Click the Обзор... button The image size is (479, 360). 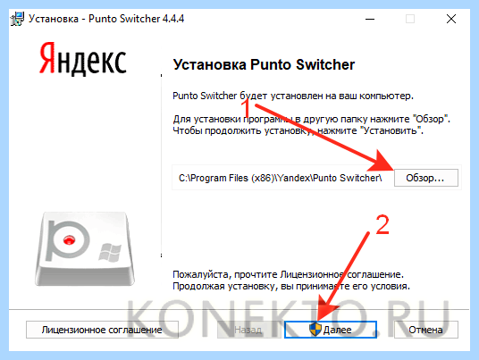tap(426, 178)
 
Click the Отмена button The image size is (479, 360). tap(426, 330)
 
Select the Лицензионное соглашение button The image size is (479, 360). tap(102, 330)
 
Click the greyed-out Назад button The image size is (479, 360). tap(248, 330)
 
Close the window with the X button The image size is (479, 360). tap(451, 19)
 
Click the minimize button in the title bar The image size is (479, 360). tap(370, 19)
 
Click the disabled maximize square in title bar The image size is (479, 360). tap(410, 19)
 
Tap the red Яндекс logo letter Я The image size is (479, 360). tap(47, 58)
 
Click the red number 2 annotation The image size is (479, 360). tap(382, 225)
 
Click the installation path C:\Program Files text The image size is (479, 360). tap(280, 178)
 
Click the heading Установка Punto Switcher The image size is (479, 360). tap(264, 64)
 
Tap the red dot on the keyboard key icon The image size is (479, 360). tap(69, 239)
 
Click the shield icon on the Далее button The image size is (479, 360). tap(315, 330)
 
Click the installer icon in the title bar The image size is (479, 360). tap(17, 19)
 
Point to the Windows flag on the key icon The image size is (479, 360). tap(110, 252)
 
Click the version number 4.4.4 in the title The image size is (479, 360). tap(173, 19)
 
